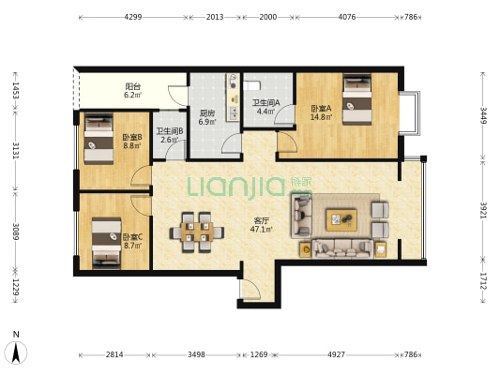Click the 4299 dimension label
tap(133, 17)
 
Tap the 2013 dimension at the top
tap(215, 17)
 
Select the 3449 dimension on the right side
tap(484, 115)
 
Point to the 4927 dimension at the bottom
tap(336, 354)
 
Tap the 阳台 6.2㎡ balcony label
tap(133, 91)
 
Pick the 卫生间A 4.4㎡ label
tap(265, 107)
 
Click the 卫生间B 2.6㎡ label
tap(169, 135)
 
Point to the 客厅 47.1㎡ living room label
tap(261, 225)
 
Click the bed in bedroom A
tap(357, 99)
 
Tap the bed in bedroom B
tap(98, 139)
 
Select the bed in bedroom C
tap(107, 243)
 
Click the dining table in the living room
tap(197, 232)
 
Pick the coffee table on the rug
tap(341, 219)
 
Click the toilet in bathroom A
tap(252, 85)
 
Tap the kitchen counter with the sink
tap(233, 97)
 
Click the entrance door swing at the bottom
tap(250, 289)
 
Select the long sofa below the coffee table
tap(342, 248)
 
